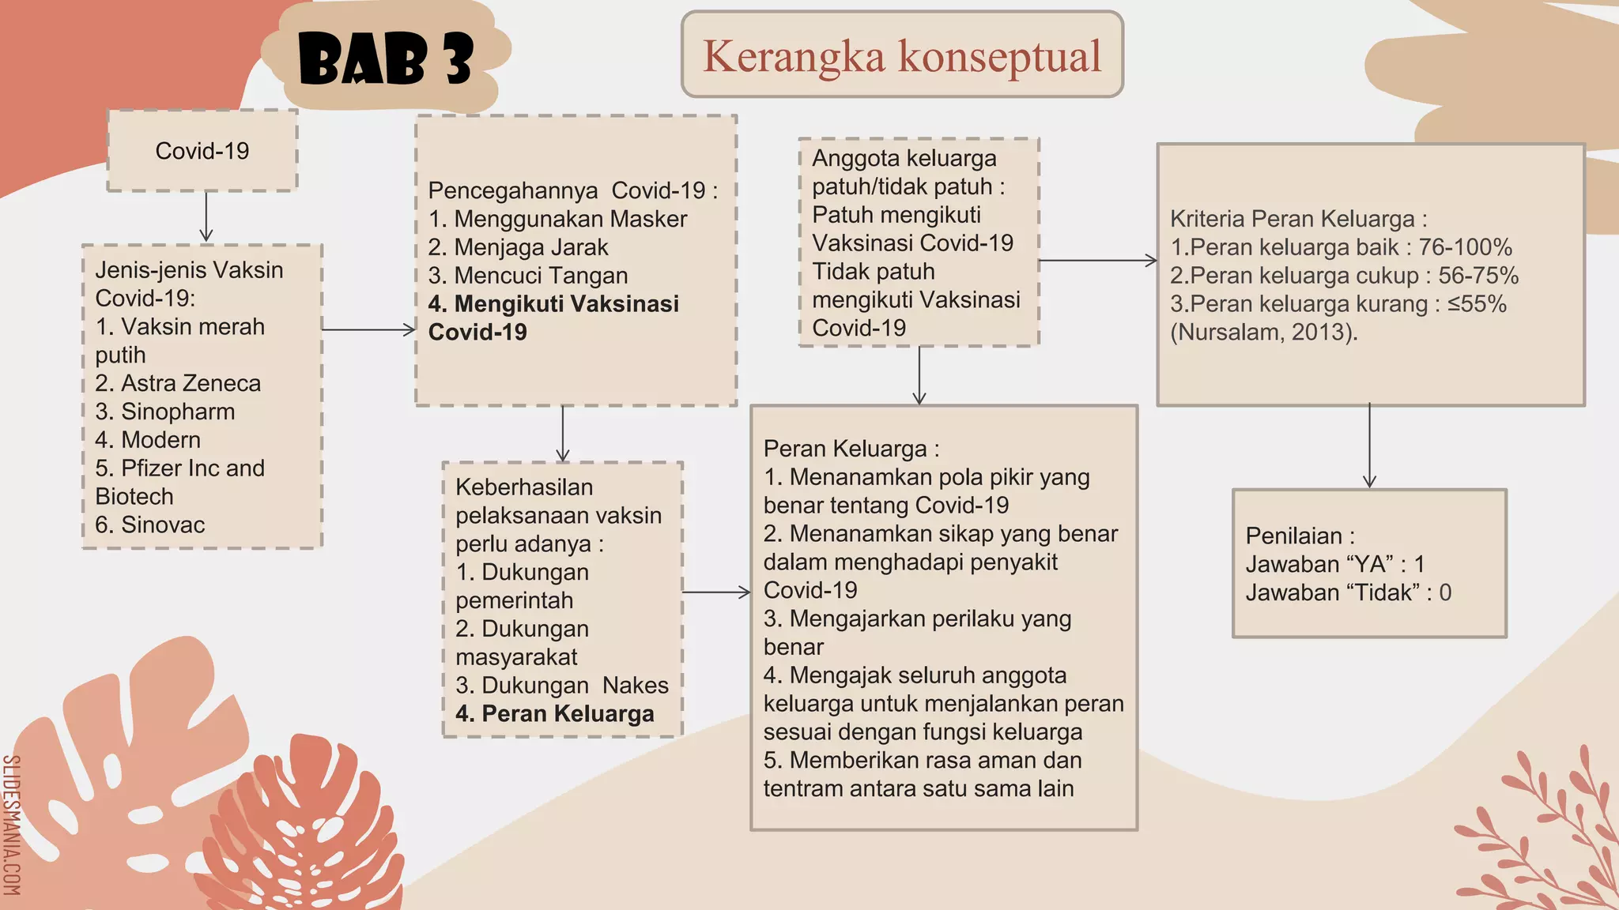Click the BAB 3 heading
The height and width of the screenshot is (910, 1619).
(x=386, y=60)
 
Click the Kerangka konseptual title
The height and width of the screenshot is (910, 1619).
(x=902, y=55)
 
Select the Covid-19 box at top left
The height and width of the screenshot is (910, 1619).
(x=202, y=151)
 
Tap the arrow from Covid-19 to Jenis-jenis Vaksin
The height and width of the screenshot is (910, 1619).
(x=206, y=215)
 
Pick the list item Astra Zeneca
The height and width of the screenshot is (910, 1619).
(x=178, y=383)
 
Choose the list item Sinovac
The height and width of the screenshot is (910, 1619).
(x=150, y=525)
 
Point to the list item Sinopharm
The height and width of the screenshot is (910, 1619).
(x=165, y=412)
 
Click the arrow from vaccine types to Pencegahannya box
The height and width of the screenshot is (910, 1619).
(x=368, y=329)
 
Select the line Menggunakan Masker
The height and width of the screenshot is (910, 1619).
(x=557, y=219)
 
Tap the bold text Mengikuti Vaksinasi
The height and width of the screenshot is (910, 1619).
(x=553, y=304)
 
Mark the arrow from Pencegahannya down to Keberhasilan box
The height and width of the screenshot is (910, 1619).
(x=563, y=434)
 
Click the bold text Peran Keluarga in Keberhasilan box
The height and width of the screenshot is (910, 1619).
(x=555, y=713)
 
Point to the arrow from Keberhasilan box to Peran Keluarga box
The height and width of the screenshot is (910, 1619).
(x=716, y=592)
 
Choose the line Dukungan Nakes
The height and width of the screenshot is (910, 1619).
(x=562, y=685)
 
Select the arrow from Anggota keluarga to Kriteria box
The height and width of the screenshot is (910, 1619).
(x=1097, y=260)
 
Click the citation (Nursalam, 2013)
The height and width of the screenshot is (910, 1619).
(x=1264, y=332)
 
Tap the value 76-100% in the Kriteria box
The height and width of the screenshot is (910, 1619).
(x=1465, y=247)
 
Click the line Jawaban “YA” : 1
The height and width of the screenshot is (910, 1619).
(x=1335, y=564)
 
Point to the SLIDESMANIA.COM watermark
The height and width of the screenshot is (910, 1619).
(x=11, y=825)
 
